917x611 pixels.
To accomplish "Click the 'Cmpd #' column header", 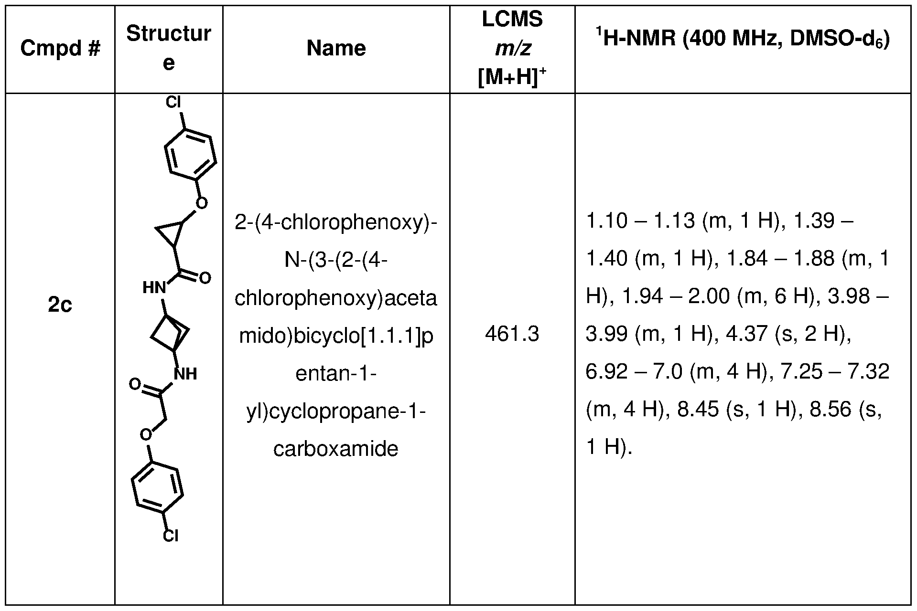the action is pyautogui.click(x=60, y=48).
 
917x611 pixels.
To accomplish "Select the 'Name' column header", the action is pyautogui.click(x=336, y=48).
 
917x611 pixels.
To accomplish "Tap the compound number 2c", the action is pyautogui.click(x=60, y=305).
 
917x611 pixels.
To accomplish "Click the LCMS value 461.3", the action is pyautogui.click(x=512, y=334).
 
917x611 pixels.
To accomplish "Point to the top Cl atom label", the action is pyautogui.click(x=173, y=103).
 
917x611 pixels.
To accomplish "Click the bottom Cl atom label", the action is pyautogui.click(x=171, y=536).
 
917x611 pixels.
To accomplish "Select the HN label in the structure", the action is pyautogui.click(x=154, y=288).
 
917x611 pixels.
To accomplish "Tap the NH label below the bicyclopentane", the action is pyautogui.click(x=185, y=373).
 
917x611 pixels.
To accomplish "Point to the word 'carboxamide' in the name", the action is pyautogui.click(x=336, y=449).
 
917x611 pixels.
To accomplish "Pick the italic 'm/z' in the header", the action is pyautogui.click(x=512, y=48).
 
